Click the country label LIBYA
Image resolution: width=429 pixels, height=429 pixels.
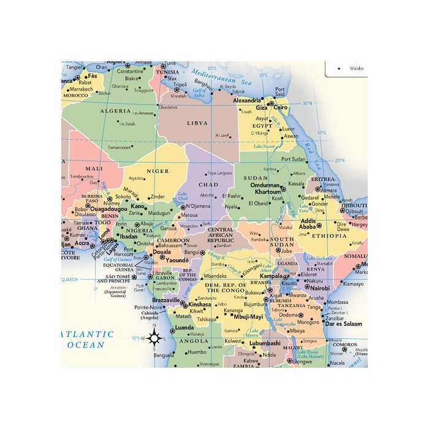tap(197, 123)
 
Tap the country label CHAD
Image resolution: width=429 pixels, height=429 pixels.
tap(208, 184)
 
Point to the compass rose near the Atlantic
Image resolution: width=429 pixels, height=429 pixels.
tap(154, 338)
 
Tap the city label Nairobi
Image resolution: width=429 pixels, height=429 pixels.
tap(319, 287)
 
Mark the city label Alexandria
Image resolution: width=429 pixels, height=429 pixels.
tap(247, 100)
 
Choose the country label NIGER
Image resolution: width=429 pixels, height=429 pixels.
tap(158, 171)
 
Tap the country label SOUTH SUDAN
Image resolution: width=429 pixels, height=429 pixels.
tap(283, 241)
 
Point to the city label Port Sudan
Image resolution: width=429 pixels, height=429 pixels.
tap(293, 159)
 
